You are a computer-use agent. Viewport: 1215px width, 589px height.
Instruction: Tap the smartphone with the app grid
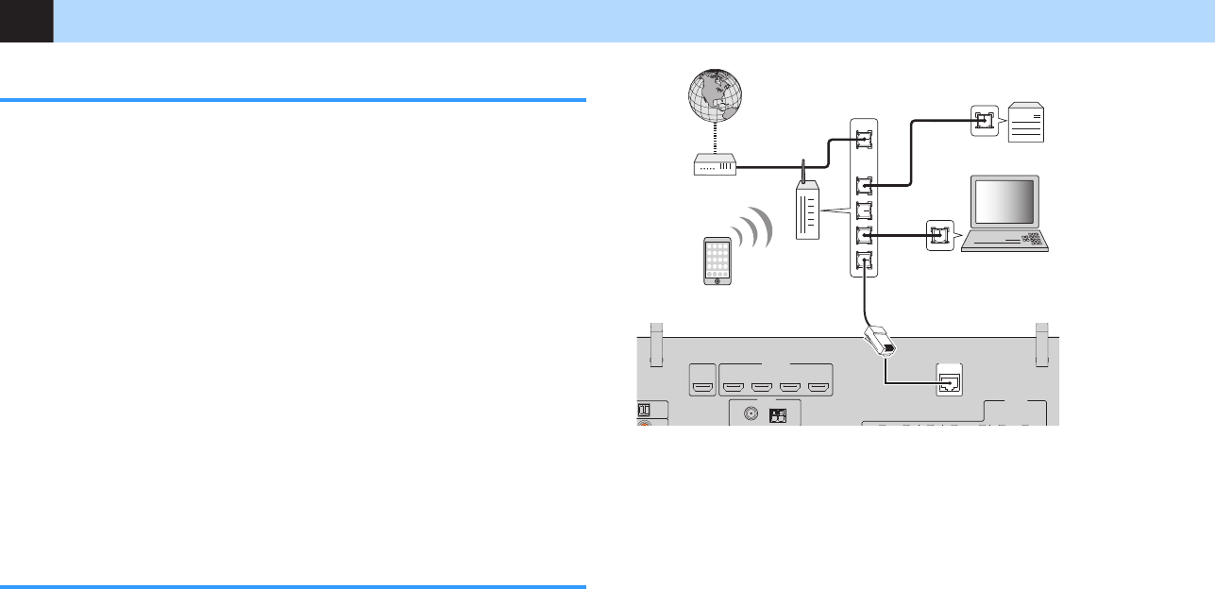click(718, 261)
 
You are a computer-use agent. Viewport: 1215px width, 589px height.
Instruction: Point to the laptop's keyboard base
click(1007, 241)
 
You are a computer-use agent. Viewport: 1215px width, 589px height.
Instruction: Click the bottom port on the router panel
click(864, 262)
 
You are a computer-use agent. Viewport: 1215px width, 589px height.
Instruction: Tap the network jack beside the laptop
click(939, 236)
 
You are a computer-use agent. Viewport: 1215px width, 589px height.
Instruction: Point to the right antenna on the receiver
click(1042, 345)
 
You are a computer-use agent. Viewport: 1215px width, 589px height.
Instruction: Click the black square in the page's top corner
click(26, 21)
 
